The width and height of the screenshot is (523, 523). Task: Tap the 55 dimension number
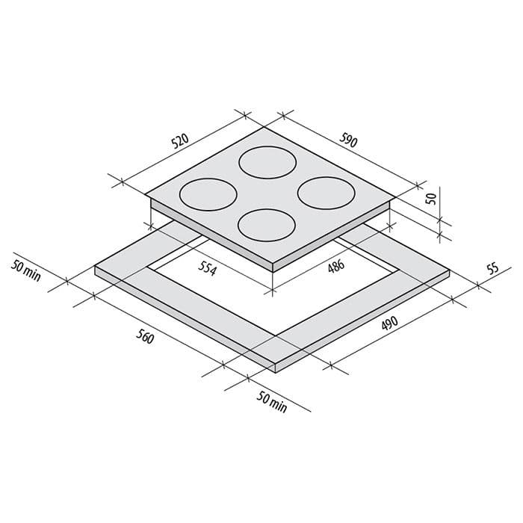pyautogui.click(x=492, y=269)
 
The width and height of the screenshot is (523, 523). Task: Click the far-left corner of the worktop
pyautogui.click(x=96, y=270)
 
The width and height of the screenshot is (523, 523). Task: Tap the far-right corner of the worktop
pyautogui.click(x=449, y=272)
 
